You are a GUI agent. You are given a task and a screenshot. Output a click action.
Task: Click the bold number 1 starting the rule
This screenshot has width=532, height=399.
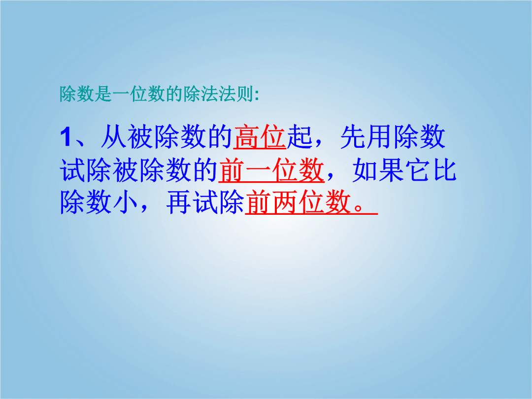(66, 137)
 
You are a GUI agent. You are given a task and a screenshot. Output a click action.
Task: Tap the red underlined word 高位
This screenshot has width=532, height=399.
(260, 137)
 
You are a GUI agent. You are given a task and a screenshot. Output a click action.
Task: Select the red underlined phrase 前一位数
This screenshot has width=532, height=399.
(271, 170)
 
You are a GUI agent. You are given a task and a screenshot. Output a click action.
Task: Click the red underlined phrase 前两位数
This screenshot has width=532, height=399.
(298, 202)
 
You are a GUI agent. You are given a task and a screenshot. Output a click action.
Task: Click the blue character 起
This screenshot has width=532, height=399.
(299, 137)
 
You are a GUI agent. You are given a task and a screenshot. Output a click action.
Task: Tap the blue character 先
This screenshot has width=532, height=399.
(353, 137)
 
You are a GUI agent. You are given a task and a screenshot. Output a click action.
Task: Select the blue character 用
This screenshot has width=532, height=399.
(380, 137)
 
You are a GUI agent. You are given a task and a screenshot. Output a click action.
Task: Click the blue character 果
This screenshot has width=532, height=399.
(391, 170)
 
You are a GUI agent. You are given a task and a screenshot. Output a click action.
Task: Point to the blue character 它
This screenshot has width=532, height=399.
(418, 170)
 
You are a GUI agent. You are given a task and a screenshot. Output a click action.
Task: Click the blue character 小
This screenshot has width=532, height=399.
(126, 202)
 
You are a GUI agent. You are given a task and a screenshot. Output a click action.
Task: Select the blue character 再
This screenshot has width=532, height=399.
(179, 202)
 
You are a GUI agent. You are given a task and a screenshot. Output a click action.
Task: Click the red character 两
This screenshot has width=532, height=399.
(285, 202)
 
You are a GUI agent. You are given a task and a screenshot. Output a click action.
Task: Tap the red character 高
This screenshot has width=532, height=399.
(247, 137)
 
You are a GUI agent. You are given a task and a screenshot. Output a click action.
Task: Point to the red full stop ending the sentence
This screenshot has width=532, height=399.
(359, 208)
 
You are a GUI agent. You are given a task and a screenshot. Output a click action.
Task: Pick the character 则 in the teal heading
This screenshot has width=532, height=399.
(244, 94)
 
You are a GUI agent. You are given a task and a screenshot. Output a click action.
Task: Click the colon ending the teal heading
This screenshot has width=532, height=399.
(257, 96)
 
